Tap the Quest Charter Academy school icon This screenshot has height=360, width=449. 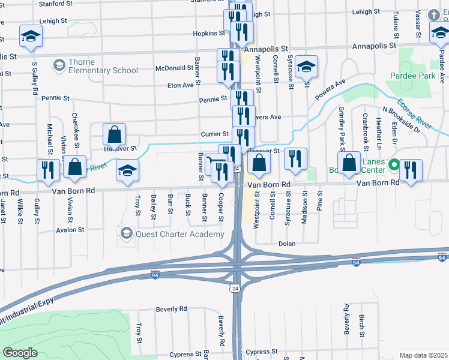[x=126, y=233]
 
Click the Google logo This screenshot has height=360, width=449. [x=20, y=353]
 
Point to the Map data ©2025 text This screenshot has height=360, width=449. [x=423, y=355]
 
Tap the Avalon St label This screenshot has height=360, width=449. [x=70, y=230]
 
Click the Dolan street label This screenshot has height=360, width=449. [x=288, y=244]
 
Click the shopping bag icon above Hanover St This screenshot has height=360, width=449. [x=114, y=135]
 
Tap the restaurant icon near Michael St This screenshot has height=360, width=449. [x=48, y=170]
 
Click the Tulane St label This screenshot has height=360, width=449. [x=395, y=23]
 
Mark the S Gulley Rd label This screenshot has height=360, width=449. [x=35, y=81]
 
